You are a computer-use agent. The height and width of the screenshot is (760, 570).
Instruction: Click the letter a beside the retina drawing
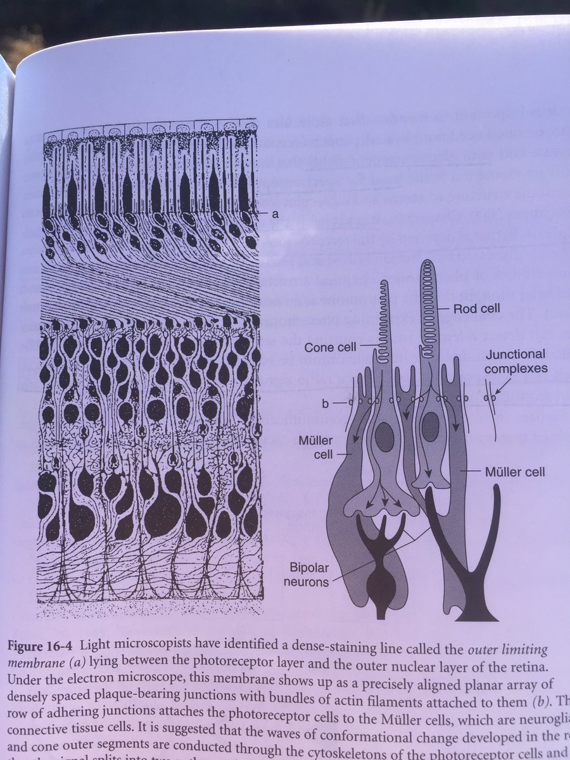(275, 214)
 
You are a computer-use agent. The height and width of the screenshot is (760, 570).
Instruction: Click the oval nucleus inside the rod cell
(430, 426)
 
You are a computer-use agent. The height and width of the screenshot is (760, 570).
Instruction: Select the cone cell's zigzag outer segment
(383, 317)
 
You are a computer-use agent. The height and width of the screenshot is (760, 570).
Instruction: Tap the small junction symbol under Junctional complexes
(489, 398)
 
